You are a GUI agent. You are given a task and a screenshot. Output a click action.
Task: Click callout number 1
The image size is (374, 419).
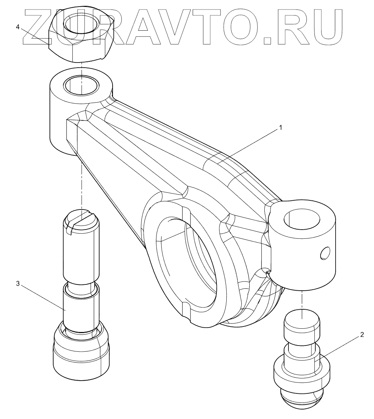click(x=280, y=128)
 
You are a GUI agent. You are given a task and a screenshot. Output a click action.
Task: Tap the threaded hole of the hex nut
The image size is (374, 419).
click(x=80, y=25)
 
